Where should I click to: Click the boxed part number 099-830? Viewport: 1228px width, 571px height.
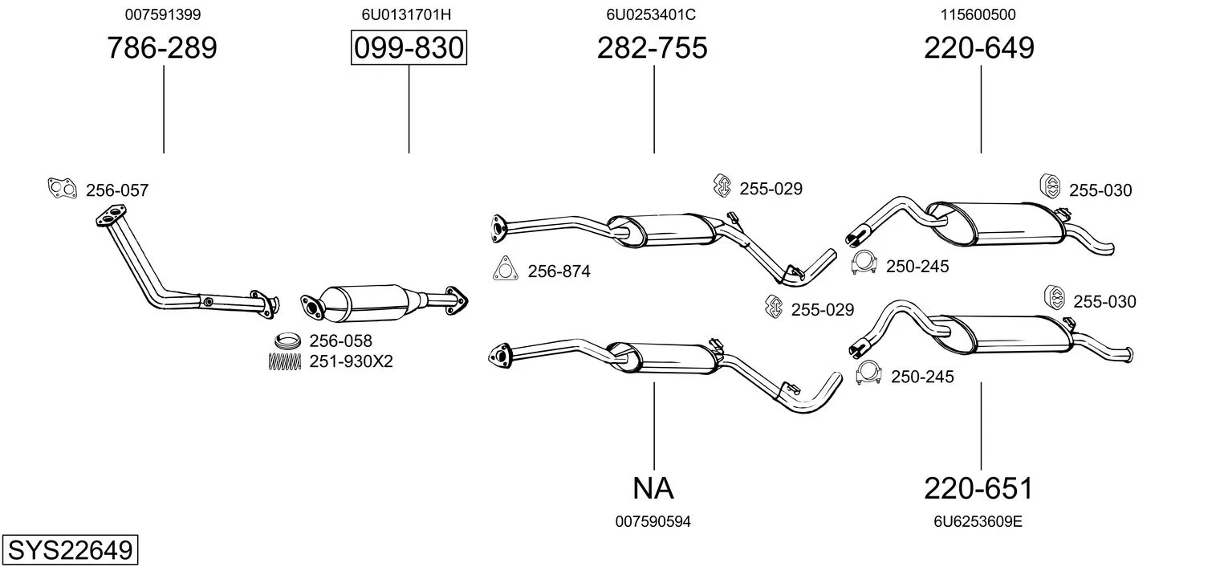click(409, 48)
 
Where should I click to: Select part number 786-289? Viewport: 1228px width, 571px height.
click(162, 48)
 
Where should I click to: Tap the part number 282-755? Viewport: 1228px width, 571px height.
click(652, 48)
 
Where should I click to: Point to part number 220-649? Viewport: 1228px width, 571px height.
click(978, 48)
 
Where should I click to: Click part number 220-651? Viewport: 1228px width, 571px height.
click(978, 487)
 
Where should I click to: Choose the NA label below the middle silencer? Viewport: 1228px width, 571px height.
click(653, 487)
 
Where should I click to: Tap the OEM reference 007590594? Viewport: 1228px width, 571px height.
click(653, 522)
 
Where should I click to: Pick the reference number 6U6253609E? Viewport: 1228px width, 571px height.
click(978, 522)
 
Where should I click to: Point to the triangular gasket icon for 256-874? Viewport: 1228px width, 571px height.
click(504, 269)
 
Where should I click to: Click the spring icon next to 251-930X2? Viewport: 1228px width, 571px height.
click(284, 361)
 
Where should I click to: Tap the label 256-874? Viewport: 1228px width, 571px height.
click(559, 271)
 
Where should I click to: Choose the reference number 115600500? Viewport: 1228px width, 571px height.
click(978, 14)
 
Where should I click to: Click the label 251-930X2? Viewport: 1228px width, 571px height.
click(351, 361)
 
